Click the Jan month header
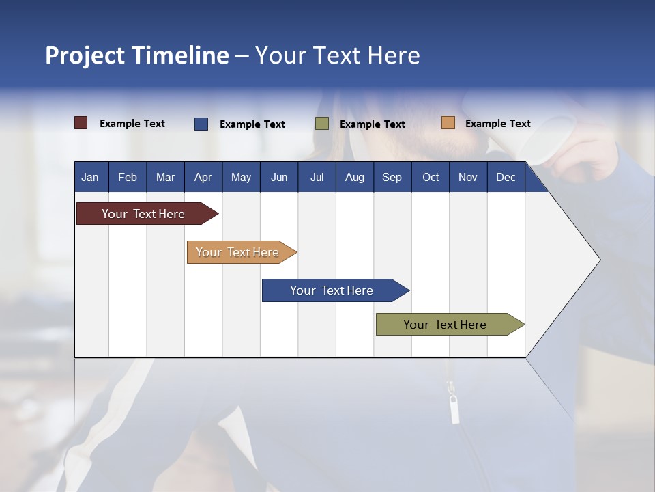(x=90, y=178)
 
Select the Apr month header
(x=203, y=178)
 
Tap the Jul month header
(x=317, y=178)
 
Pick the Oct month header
(x=431, y=178)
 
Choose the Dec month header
(x=506, y=178)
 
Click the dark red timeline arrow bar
(x=147, y=214)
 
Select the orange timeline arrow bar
(x=242, y=252)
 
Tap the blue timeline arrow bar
(x=336, y=290)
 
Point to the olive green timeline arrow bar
(x=450, y=324)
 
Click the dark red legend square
(x=81, y=123)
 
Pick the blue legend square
(x=201, y=124)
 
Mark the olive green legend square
(x=322, y=124)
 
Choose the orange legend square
(x=448, y=122)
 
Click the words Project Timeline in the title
(x=137, y=55)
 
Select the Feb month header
(x=128, y=178)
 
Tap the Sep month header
(x=392, y=178)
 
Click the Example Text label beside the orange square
(x=498, y=124)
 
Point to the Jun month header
(x=279, y=178)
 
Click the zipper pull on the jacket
(x=454, y=409)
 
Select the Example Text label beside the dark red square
(x=132, y=124)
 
